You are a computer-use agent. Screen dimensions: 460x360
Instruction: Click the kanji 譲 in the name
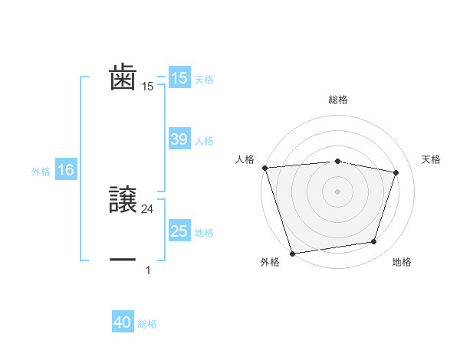click(x=123, y=200)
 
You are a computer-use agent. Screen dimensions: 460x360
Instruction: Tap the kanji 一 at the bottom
click(x=123, y=260)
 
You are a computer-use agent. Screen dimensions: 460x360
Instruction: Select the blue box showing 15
click(x=179, y=78)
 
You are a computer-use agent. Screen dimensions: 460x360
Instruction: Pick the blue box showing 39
click(x=179, y=139)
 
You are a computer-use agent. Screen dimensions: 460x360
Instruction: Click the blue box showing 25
click(x=179, y=231)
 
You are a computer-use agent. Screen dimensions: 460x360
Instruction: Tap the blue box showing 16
click(x=65, y=171)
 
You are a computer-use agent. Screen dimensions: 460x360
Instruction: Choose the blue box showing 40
click(x=123, y=323)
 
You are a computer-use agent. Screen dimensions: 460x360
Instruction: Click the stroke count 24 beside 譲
click(x=148, y=208)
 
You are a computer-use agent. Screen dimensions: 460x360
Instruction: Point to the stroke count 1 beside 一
click(x=148, y=270)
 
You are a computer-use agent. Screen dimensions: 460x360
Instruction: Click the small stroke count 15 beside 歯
click(x=148, y=87)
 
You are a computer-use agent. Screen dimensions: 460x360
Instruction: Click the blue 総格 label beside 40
click(x=147, y=324)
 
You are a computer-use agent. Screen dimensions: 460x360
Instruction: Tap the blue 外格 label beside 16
click(x=41, y=172)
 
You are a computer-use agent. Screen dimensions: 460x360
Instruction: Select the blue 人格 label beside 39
click(x=204, y=140)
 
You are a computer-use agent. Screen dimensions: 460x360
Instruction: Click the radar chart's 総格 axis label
click(x=337, y=100)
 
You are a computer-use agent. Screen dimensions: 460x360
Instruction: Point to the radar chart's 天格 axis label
click(x=431, y=159)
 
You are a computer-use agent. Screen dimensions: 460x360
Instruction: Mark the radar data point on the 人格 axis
click(x=264, y=168)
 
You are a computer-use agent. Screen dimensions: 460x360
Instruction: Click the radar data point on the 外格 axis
click(x=292, y=252)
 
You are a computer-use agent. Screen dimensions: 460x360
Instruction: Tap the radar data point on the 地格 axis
click(x=373, y=242)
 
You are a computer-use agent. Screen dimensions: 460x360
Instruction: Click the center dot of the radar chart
click(x=337, y=191)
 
